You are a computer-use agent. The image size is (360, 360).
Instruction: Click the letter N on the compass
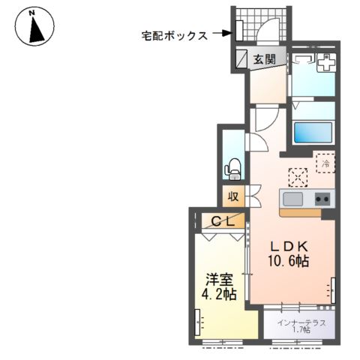(x=31, y=13)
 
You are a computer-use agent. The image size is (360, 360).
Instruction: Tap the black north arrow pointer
(x=34, y=31)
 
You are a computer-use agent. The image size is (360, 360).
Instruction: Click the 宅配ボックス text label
(x=174, y=34)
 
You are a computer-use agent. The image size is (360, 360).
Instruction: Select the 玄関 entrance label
(x=264, y=59)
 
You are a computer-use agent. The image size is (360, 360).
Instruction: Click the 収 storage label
(x=233, y=196)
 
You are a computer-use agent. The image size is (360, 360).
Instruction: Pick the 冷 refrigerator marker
(x=326, y=160)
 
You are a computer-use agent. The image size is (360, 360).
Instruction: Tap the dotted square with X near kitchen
(x=298, y=176)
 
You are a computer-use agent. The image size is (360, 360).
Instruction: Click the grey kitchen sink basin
(x=293, y=199)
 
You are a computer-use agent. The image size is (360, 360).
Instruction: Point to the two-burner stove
(x=322, y=199)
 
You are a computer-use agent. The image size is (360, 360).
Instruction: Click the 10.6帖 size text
(x=287, y=262)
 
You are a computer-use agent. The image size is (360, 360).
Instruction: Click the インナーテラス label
(x=300, y=322)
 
